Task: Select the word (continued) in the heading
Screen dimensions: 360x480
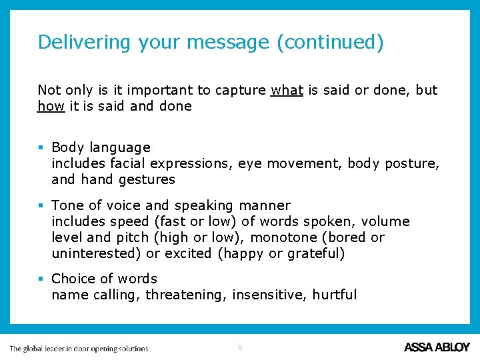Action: pyautogui.click(x=330, y=42)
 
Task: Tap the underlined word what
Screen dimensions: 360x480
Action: pyautogui.click(x=287, y=90)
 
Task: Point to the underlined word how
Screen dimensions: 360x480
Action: pyautogui.click(x=51, y=106)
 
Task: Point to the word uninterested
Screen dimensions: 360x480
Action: pyautogui.click(x=96, y=253)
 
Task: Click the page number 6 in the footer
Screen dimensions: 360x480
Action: pyautogui.click(x=240, y=347)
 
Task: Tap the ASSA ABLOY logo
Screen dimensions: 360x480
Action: pyautogui.click(x=437, y=347)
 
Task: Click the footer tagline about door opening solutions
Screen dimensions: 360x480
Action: pyautogui.click(x=79, y=348)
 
